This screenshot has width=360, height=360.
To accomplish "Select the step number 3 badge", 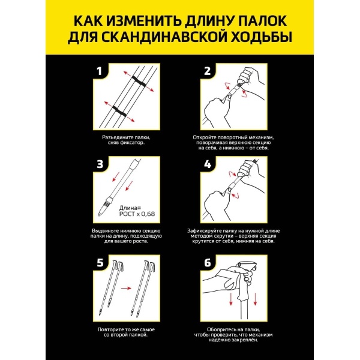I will (x=101, y=164).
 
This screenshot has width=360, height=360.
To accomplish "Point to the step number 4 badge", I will (x=207, y=164).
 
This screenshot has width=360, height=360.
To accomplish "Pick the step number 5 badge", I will (x=101, y=263).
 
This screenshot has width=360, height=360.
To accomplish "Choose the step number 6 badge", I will (x=207, y=263).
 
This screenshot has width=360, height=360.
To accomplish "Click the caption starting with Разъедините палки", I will (x=127, y=141).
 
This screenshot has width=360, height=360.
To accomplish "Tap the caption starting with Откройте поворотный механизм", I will (x=234, y=141).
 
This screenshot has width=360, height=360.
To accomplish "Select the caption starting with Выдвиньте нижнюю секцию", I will (x=127, y=236).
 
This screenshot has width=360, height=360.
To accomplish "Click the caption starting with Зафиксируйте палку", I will (x=234, y=236).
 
